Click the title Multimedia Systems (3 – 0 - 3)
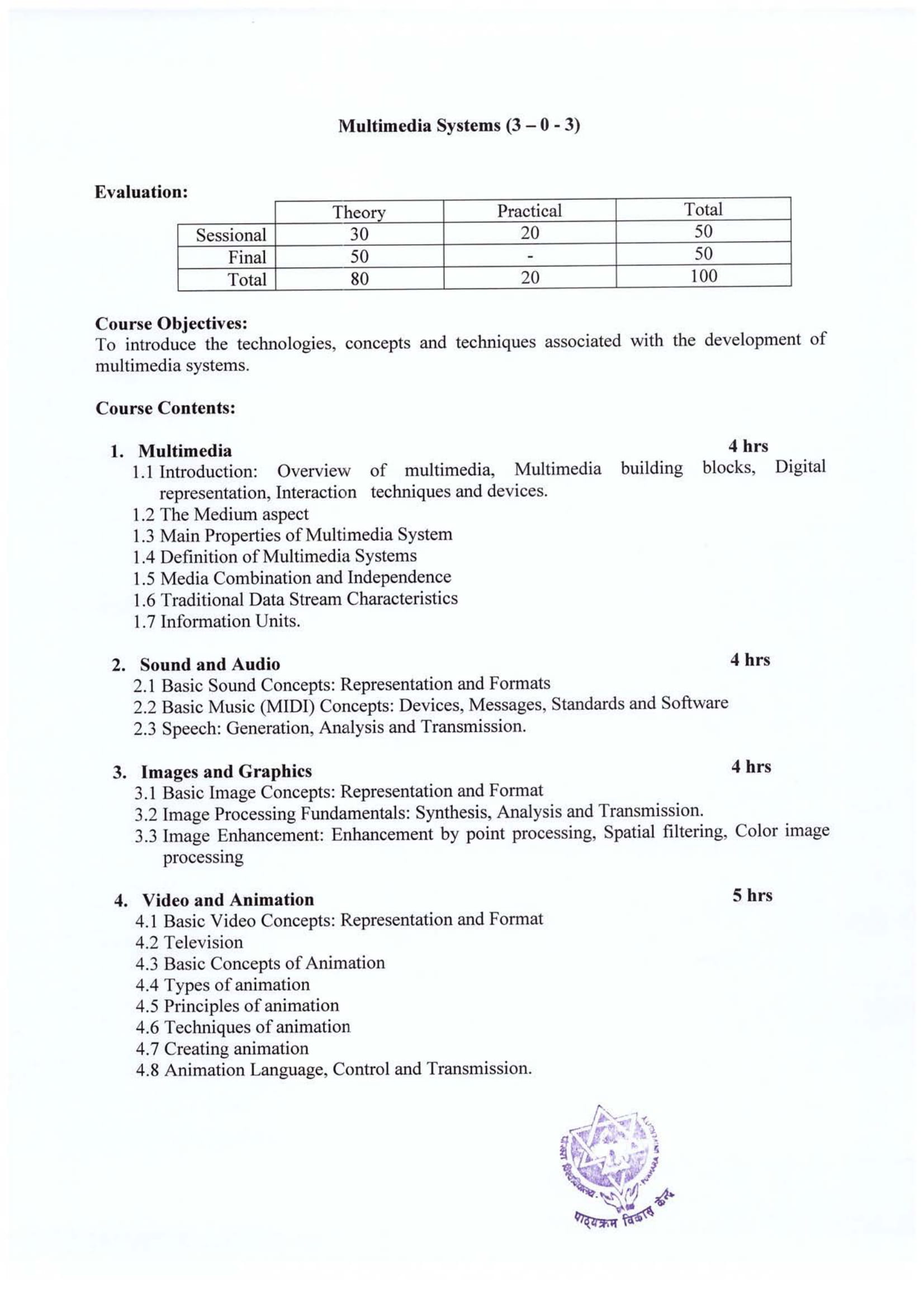coord(459,126)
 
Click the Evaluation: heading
coord(141,192)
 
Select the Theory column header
coord(359,212)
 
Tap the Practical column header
coord(529,211)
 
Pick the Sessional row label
coord(230,235)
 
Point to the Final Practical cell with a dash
coord(529,256)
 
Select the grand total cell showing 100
coord(703,276)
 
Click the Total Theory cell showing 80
coord(359,279)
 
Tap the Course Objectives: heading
coord(172,324)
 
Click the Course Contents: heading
coord(165,408)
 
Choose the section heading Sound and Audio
coord(210,664)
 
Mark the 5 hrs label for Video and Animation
coord(752,895)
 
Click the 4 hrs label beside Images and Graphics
coord(751,767)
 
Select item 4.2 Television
coord(189,942)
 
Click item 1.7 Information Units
coord(216,621)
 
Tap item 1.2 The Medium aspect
coord(220,514)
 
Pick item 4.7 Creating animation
coord(222,1048)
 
